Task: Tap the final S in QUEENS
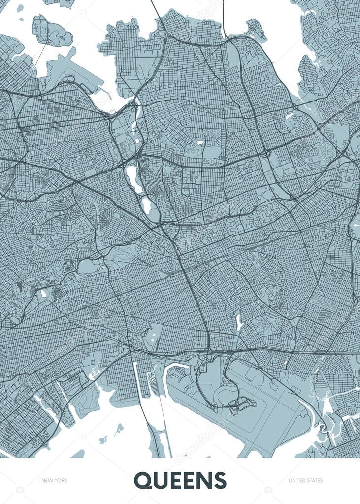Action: click(219, 480)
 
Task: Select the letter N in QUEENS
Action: click(204, 480)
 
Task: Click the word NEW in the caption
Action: click(47, 480)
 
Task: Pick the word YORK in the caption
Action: click(61, 480)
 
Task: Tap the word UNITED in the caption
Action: click(297, 480)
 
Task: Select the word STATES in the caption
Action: click(315, 480)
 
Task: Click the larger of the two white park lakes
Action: click(132, 179)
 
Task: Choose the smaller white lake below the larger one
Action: click(146, 205)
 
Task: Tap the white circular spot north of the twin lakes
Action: click(200, 143)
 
